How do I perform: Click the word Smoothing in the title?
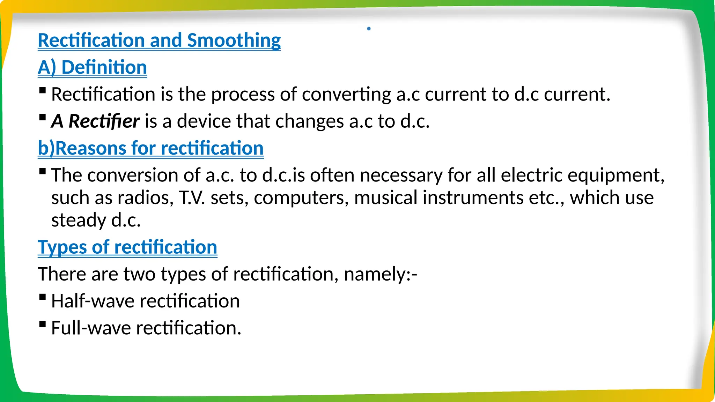click(234, 40)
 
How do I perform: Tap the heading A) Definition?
click(92, 67)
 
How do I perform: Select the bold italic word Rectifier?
click(104, 121)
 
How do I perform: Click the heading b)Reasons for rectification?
click(150, 148)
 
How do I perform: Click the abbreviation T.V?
click(192, 198)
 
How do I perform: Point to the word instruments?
click(473, 198)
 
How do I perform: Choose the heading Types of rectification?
click(127, 247)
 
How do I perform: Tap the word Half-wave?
click(93, 301)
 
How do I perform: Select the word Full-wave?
click(91, 328)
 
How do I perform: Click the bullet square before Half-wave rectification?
click(43, 297)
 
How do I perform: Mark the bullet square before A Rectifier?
click(43, 117)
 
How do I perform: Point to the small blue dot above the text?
click(369, 29)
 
